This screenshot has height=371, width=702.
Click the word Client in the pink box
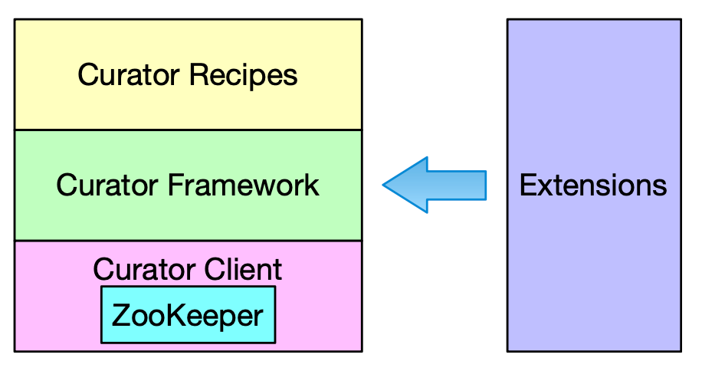click(244, 269)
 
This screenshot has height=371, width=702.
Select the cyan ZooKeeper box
click(188, 314)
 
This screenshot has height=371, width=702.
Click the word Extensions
click(593, 185)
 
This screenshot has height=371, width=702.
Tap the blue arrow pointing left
click(435, 185)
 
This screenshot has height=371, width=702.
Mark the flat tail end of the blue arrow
click(484, 185)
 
